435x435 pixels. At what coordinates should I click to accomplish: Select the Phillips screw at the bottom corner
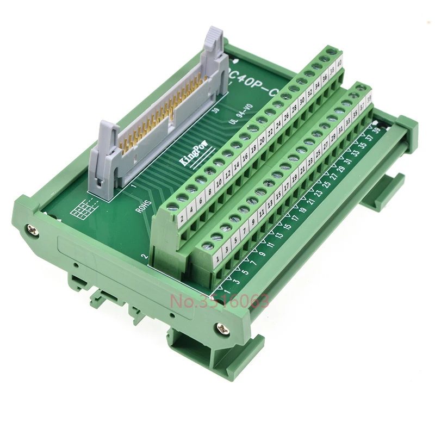(222, 327)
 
